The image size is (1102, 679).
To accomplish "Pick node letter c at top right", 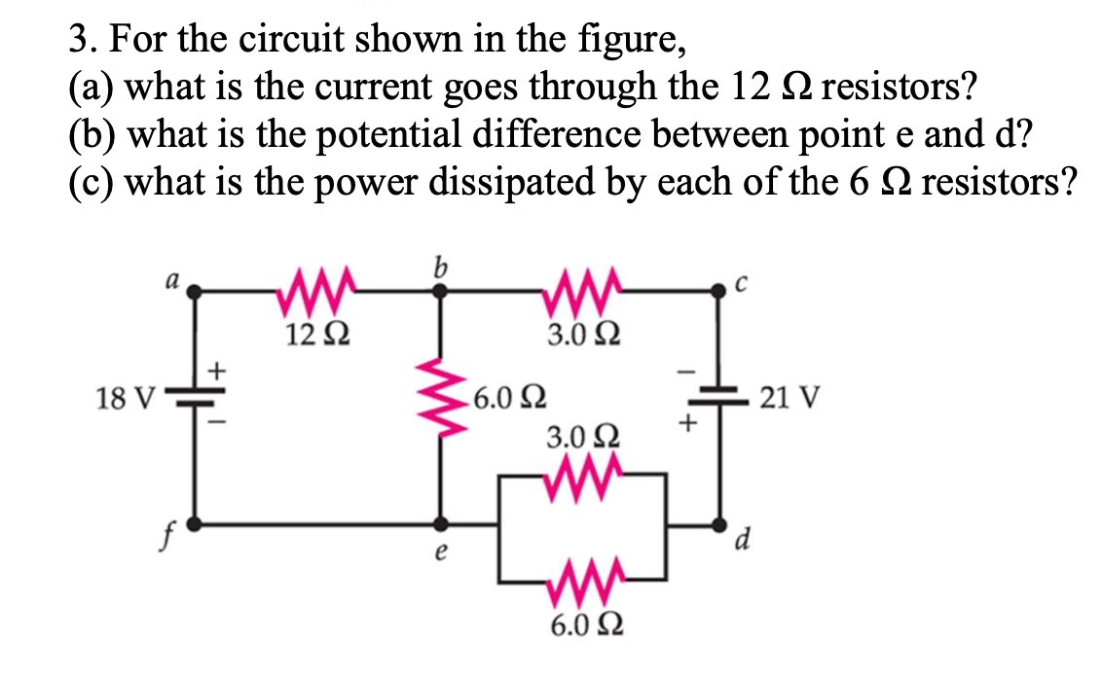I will tap(743, 283).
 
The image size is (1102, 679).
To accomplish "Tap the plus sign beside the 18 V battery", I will tap(219, 370).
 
